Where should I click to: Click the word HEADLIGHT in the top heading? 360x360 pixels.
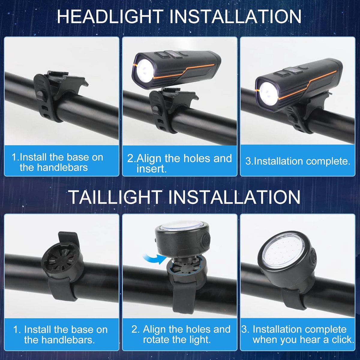[x=110, y=16]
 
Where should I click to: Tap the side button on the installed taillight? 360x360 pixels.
[x=313, y=256]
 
